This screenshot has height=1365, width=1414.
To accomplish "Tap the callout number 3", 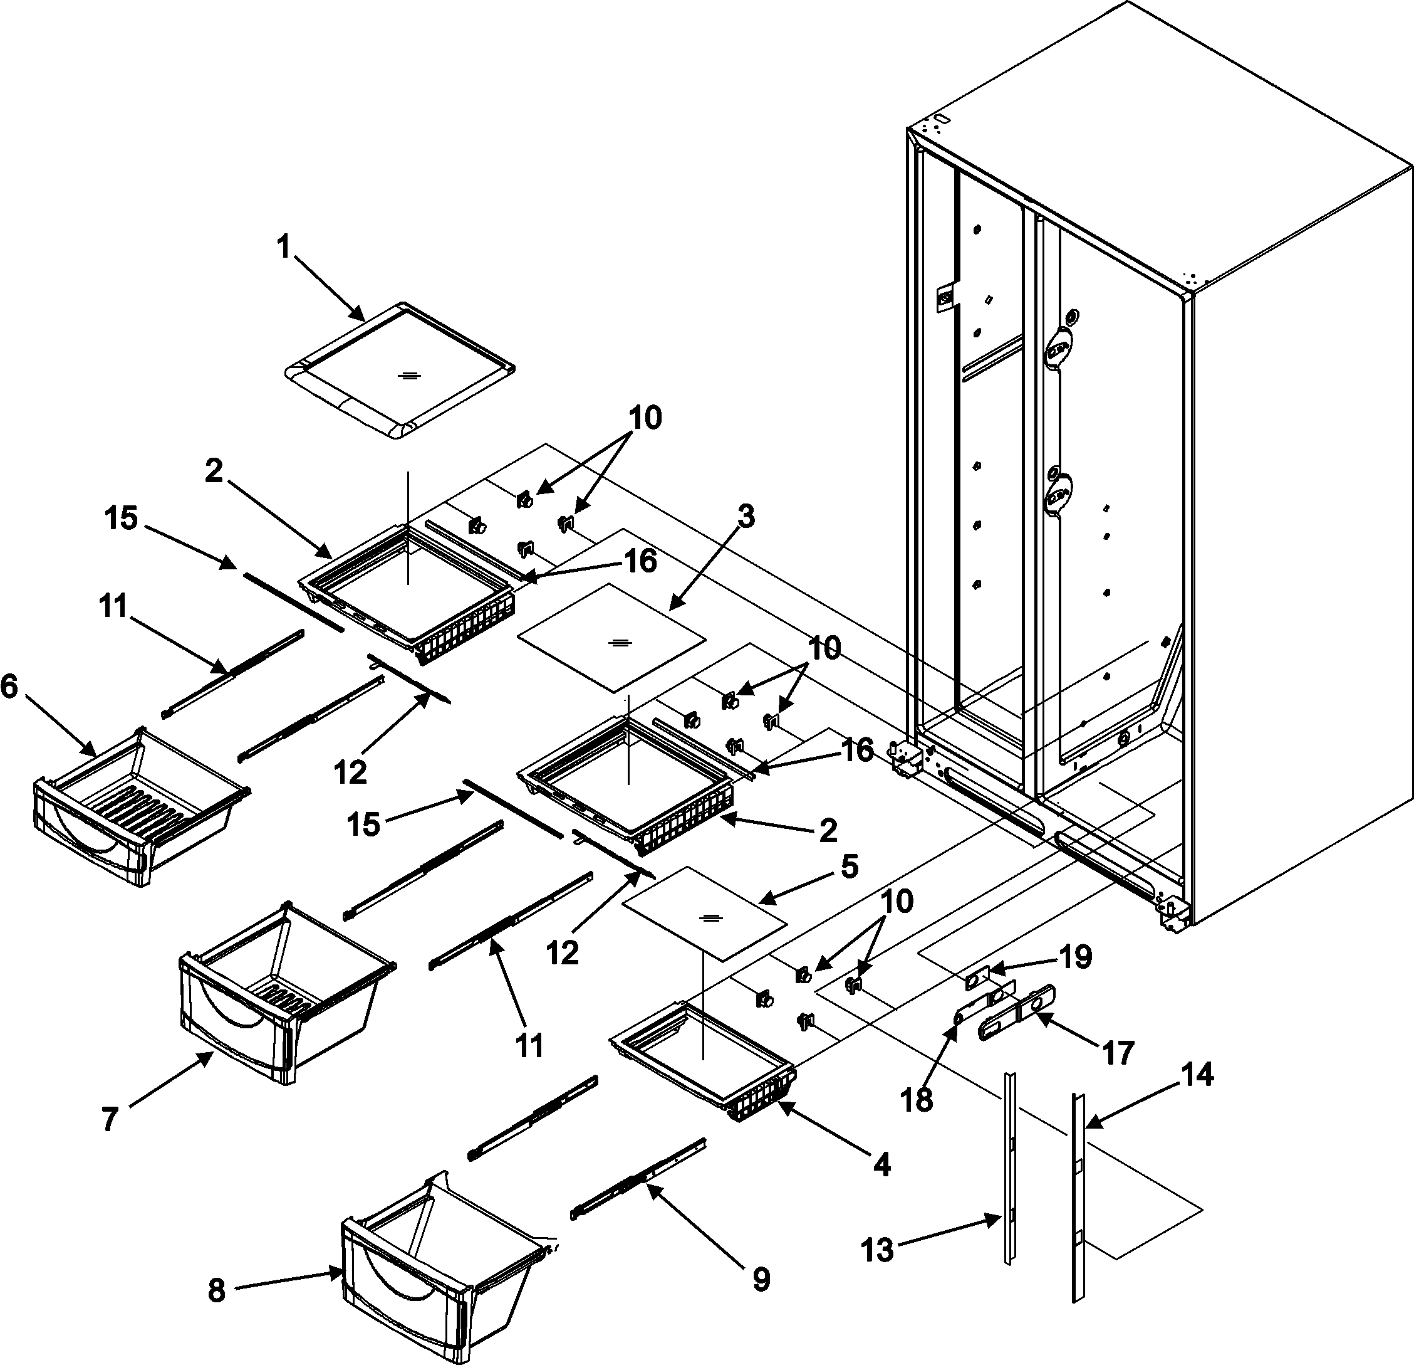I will click(746, 517).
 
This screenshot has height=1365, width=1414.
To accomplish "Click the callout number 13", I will click(878, 1250).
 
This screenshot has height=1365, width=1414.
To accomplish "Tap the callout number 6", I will click(9, 688).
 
